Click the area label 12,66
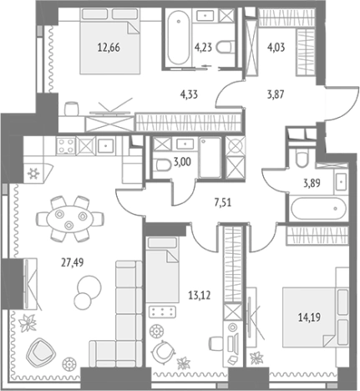(109, 48)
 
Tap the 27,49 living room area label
(73, 262)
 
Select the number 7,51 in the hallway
(223, 202)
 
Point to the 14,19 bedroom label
(309, 317)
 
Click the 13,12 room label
(200, 295)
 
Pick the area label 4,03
(276, 48)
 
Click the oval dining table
(69, 219)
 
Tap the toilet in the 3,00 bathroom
(164, 165)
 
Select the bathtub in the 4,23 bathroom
(179, 37)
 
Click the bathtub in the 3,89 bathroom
(319, 208)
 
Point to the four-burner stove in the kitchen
(66, 146)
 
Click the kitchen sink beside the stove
(105, 145)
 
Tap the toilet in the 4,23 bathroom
(224, 47)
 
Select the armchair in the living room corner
(41, 352)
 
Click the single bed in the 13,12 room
(163, 270)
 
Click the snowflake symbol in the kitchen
(33, 174)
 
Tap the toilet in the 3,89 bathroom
(302, 158)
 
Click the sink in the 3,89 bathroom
(341, 181)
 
